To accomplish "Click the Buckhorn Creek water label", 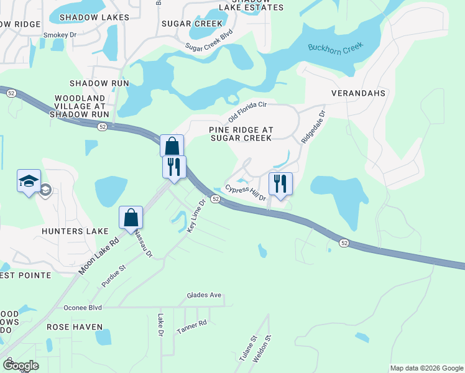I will click(x=334, y=47).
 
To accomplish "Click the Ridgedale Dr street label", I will click(x=313, y=128).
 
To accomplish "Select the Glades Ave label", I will click(x=205, y=295).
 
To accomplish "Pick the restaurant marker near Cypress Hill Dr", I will click(x=280, y=184).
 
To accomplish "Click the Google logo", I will click(x=21, y=366).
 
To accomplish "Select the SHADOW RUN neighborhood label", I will click(x=99, y=83).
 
